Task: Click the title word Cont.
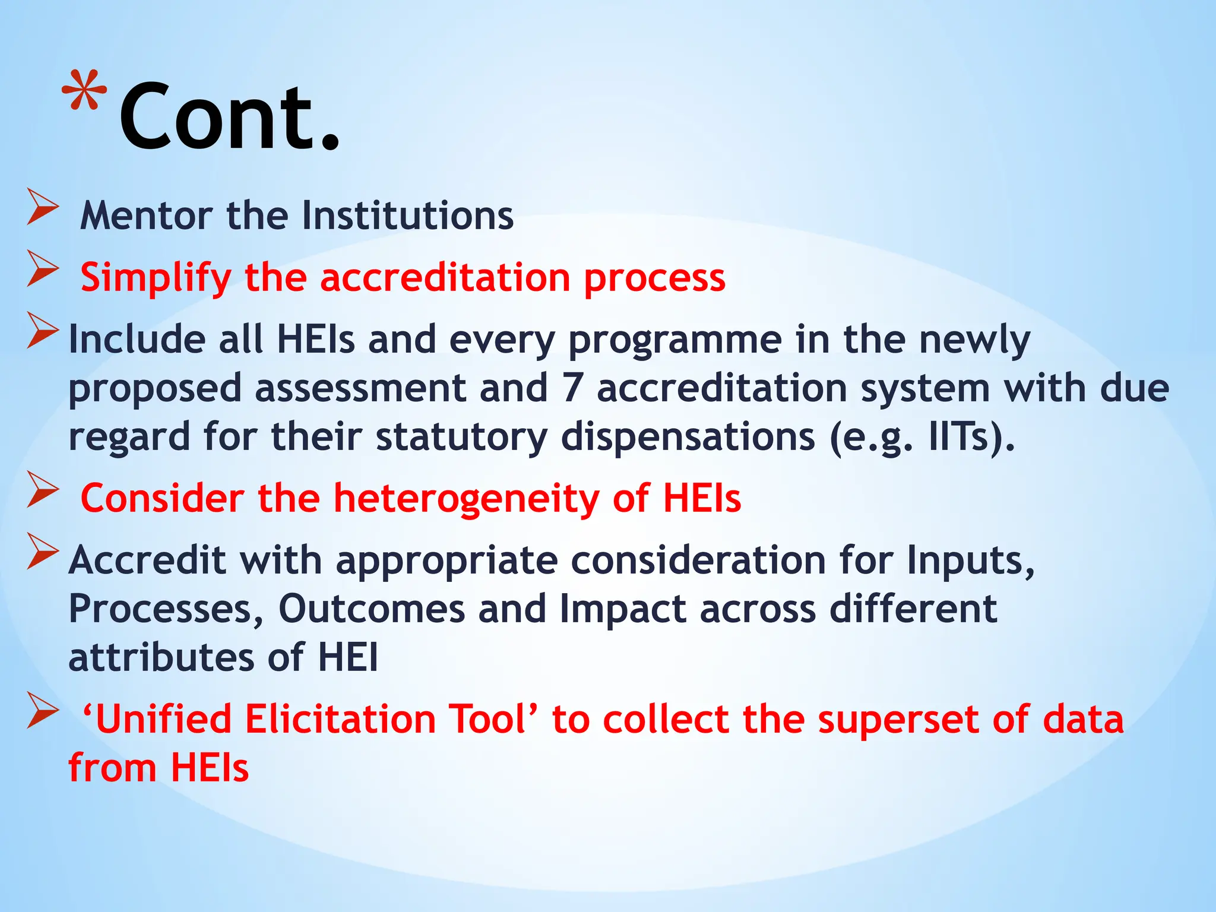pos(229,116)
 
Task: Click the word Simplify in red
pos(156,278)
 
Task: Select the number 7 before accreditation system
pos(571,388)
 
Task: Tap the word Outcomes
pos(372,609)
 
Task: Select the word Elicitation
pos(340,719)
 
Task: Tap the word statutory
pos(461,437)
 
